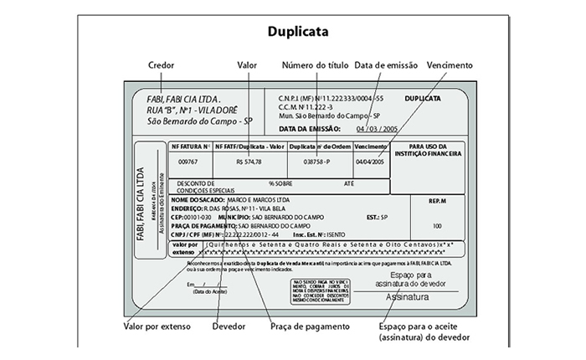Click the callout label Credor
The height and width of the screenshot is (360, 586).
pos(161,64)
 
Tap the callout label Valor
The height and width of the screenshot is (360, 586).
pos(247,64)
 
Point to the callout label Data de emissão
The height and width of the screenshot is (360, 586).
pos(388,64)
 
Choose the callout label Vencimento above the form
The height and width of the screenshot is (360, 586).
pos(450,64)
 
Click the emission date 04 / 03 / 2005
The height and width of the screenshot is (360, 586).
pos(377,129)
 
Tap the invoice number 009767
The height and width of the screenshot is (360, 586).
pos(189,162)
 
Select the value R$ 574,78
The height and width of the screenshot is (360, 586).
pos(249,162)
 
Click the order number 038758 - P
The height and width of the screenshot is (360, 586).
pos(318,162)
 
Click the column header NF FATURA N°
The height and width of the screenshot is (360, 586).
pos(190,147)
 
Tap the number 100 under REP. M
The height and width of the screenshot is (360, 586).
pos(437,226)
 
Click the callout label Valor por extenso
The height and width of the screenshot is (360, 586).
pos(157,325)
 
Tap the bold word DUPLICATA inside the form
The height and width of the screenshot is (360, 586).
pos(422,98)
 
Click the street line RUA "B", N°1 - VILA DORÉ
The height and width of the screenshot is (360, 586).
pos(192,109)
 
